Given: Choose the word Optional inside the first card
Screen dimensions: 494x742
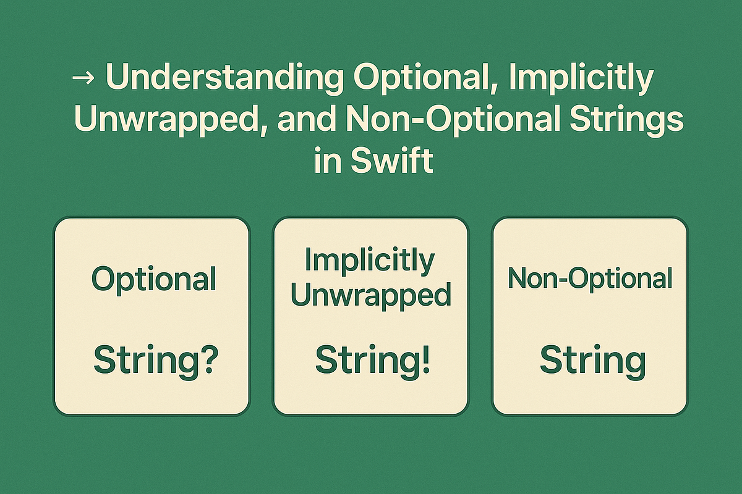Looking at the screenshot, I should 154,279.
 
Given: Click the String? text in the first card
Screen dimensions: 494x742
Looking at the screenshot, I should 154,361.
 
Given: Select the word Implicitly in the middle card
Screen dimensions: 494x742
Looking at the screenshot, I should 370,261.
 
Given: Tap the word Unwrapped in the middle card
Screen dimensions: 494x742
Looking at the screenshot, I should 370,295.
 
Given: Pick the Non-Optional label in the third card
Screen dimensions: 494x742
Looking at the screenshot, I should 590,279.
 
